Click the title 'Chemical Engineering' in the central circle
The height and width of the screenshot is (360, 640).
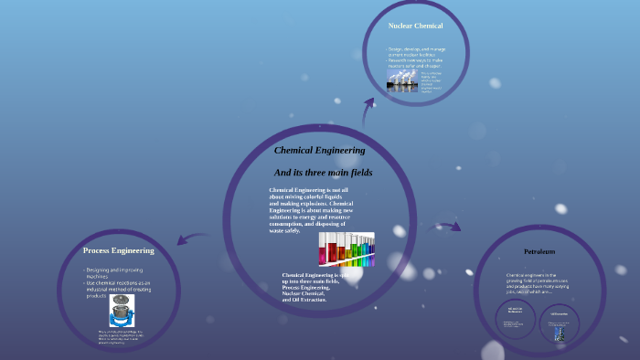tap(319, 150)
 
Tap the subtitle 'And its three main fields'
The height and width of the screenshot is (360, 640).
tap(323, 172)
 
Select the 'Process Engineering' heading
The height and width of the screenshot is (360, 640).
tap(118, 250)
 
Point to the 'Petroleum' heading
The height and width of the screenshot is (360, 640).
tap(539, 251)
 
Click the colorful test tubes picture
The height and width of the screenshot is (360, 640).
tap(347, 248)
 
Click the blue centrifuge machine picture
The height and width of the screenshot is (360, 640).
tap(122, 311)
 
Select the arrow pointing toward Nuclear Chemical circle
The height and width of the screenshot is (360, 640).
tap(368, 111)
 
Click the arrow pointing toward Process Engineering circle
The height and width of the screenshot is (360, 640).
tap(193, 238)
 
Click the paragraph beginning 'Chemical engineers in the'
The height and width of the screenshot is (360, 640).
tap(539, 283)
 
